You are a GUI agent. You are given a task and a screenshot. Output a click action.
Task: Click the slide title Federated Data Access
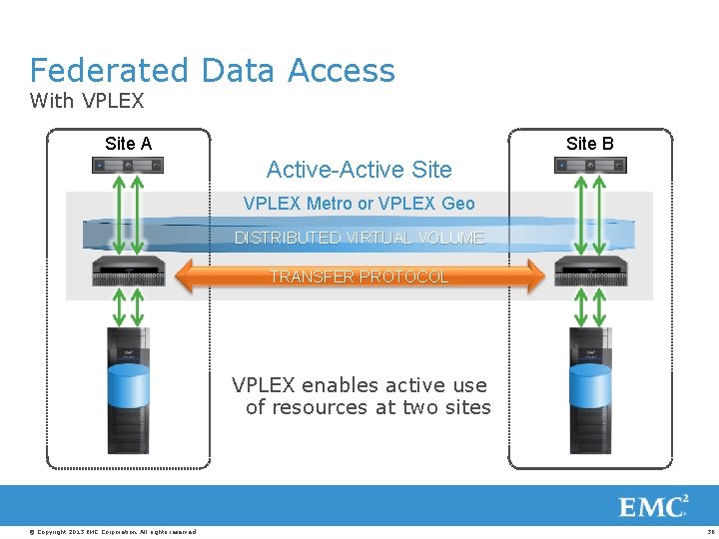212,71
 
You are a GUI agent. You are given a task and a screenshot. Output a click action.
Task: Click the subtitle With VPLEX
87,101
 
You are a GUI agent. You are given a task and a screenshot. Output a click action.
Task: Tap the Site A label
128,144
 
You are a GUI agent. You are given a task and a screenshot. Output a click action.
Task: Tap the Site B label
589,144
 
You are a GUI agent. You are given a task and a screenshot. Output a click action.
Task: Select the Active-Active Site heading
359,170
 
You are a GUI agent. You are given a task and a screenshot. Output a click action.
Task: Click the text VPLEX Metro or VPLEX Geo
359,204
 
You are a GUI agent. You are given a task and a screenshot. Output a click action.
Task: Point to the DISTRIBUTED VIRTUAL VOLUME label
359,238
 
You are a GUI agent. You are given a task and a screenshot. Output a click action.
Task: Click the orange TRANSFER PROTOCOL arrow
359,276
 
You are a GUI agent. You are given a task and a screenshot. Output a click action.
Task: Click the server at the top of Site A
128,165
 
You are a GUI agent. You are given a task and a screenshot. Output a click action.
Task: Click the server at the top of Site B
589,165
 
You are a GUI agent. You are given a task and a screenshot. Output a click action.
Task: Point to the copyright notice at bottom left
113,531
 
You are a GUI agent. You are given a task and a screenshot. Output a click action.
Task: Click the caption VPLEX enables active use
359,385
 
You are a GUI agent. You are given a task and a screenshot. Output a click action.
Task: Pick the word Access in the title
342,71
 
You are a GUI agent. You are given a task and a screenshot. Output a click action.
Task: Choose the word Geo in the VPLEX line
457,204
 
